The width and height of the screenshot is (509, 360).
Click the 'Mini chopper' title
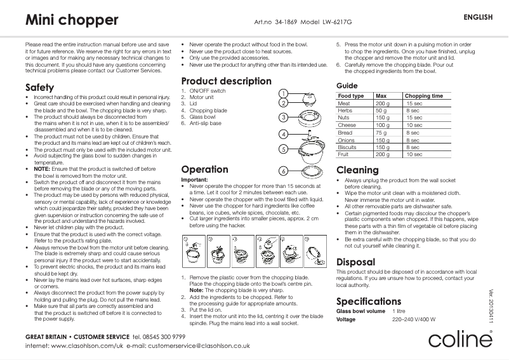[72, 20]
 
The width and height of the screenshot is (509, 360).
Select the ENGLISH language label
[479, 17]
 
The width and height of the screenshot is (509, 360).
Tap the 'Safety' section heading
[39, 87]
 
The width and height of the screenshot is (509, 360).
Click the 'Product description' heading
[226, 81]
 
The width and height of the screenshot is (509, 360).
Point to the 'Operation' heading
[204, 170]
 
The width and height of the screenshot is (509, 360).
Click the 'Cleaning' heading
[357, 170]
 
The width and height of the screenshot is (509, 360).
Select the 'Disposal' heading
[355, 262]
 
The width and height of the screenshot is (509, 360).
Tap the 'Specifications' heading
[369, 301]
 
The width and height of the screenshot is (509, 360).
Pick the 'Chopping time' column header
[423, 96]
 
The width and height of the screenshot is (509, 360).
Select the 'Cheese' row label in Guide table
[347, 125]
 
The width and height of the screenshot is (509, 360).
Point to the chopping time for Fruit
[414, 154]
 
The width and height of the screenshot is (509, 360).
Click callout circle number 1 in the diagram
[284, 94]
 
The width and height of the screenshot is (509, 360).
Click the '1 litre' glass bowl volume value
[399, 311]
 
